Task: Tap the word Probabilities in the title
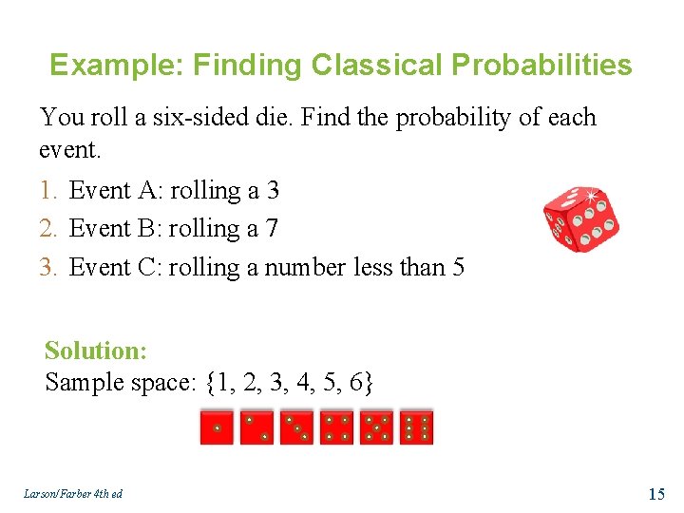coord(541,66)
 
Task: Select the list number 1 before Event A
coord(48,191)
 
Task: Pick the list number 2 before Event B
coord(48,229)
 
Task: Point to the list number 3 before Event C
coord(48,268)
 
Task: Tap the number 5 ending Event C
coord(459,268)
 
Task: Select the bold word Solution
coord(95,351)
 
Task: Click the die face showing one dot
coord(217,428)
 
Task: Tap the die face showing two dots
coord(256,428)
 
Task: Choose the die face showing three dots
coord(296,428)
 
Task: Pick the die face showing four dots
coord(336,428)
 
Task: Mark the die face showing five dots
coord(376,428)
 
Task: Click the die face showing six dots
coord(416,428)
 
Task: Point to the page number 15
coord(655,493)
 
